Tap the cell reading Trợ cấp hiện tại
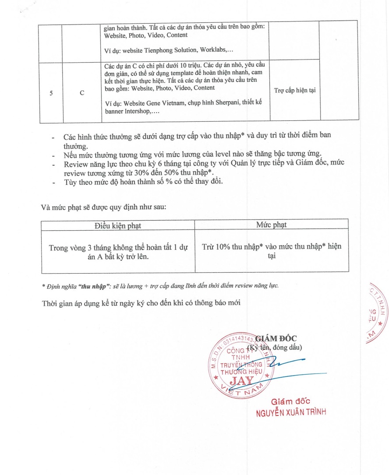coord(294,91)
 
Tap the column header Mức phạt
coord(271,225)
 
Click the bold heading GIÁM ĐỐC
coord(276,338)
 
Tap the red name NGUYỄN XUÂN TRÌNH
coord(291,412)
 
